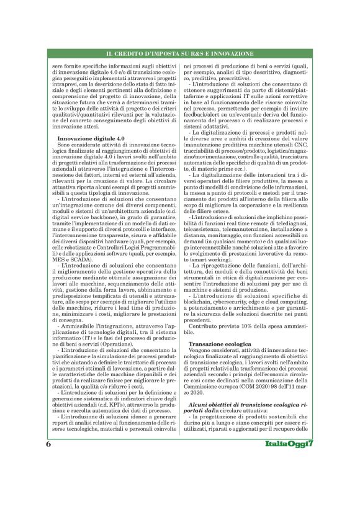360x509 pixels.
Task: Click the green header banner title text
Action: tap(180, 55)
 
